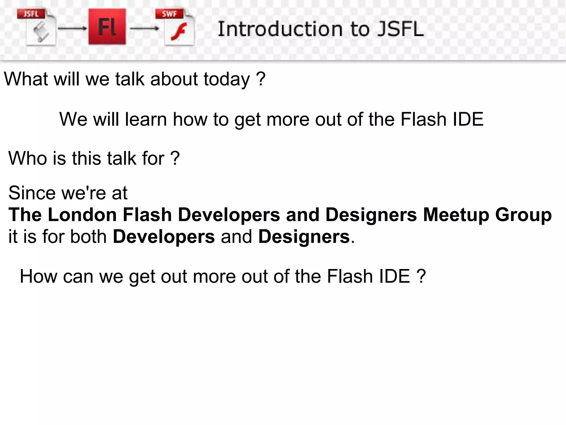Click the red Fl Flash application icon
[107, 27]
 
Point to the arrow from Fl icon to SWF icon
[144, 28]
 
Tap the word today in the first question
[227, 79]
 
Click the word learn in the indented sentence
[146, 119]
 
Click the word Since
[32, 193]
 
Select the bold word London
[82, 215]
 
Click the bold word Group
[523, 215]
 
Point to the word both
[88, 237]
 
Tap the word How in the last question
[38, 276]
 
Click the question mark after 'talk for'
[175, 158]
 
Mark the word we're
[83, 193]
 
